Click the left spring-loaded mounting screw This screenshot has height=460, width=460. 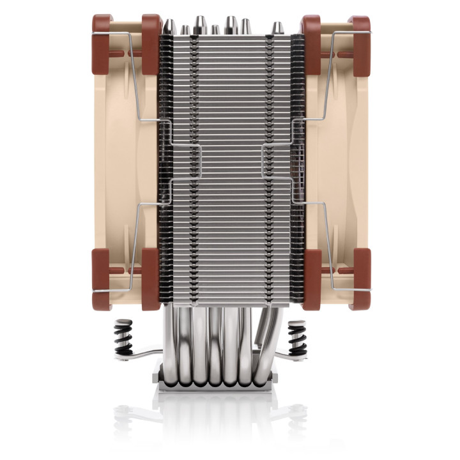click(123, 337)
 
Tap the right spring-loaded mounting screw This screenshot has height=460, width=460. click(298, 337)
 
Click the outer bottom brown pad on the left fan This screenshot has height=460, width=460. click(102, 278)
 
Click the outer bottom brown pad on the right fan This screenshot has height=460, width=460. click(360, 278)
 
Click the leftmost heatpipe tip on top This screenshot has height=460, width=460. click(170, 26)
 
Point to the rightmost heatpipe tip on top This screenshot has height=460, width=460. click(277, 28)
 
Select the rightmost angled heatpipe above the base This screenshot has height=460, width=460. click(268, 339)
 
